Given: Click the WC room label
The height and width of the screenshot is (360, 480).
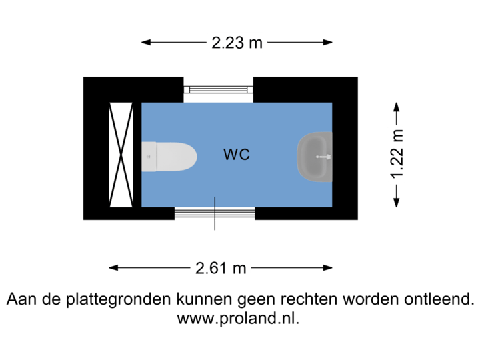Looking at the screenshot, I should coord(237,155).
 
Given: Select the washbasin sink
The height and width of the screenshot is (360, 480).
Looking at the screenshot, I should coord(315,157).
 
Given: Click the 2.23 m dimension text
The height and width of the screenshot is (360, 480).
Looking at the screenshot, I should coord(237,43).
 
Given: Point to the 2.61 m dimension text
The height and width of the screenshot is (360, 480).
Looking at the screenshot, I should coord(221,268).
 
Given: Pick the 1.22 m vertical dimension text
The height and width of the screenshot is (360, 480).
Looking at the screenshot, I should coord(397,155).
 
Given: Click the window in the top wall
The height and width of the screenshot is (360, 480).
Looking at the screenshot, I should coord(219,89).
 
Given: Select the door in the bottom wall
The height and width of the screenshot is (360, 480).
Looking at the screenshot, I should coord(215,213).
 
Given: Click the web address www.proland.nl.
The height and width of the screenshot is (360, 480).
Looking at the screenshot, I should coord(239,318).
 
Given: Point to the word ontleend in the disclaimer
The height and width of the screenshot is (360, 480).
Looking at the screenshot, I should coord(439,299).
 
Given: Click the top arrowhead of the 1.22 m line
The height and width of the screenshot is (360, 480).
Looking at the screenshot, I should coord(397,106).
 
